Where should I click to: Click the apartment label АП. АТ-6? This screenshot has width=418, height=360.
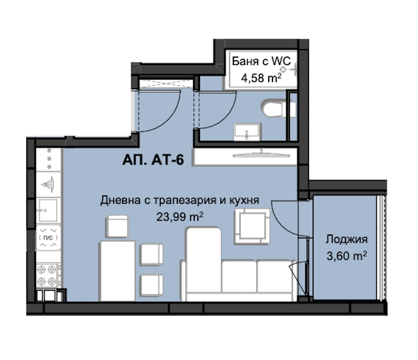[x=153, y=160]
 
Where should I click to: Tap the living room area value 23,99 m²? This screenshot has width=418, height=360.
[x=180, y=217]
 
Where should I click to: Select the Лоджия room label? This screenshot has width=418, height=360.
[x=346, y=239]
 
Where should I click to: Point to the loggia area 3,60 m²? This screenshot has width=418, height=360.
[x=347, y=256]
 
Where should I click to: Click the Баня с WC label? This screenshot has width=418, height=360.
[x=261, y=61]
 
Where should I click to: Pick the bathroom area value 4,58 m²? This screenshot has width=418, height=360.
[x=261, y=78]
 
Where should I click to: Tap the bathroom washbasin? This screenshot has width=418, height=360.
[x=248, y=132]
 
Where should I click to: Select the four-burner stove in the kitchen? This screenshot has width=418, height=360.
[x=47, y=275]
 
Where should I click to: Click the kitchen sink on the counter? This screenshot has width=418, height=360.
[x=48, y=210]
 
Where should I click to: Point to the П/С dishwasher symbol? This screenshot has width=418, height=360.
[x=48, y=237]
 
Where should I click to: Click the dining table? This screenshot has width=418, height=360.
[x=117, y=271]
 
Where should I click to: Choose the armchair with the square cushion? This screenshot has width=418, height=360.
[x=252, y=227]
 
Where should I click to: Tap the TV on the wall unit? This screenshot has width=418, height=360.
[x=261, y=154]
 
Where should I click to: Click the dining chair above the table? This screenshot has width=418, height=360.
[x=117, y=226]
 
